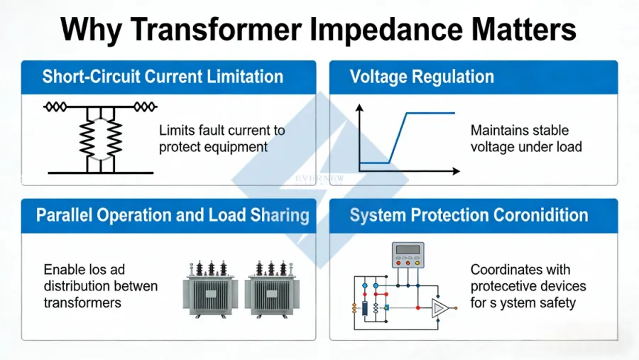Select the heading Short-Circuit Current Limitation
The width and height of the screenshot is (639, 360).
[163, 77]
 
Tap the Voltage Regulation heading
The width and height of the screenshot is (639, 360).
[422, 77]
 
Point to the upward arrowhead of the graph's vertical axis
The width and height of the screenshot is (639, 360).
[359, 108]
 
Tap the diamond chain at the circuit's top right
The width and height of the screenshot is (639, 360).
[145, 107]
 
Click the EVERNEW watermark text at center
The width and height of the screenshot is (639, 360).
[319, 179]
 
